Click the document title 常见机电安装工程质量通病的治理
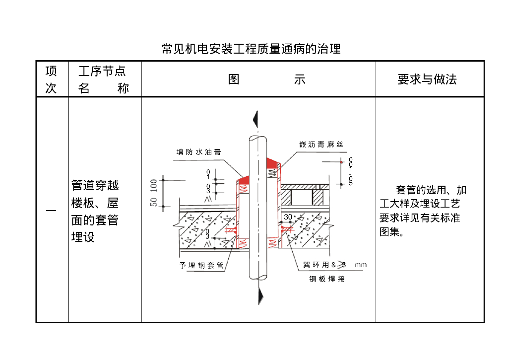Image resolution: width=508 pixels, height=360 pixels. coord(251,49)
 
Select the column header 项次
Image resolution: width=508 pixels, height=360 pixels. coord(51,79)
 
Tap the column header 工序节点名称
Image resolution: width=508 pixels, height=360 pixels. coord(104,79)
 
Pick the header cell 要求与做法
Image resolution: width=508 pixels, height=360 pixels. coord(427,79)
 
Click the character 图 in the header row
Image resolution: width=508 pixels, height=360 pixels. coord(234,79)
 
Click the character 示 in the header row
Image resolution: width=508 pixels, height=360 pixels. coord(299,79)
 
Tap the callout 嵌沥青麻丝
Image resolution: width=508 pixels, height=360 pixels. coord(321,145)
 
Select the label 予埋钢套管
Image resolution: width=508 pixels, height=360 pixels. coord(201,266)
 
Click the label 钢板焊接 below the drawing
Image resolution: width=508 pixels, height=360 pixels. coord(327,279)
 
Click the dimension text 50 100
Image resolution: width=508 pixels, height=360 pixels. coord(154,193)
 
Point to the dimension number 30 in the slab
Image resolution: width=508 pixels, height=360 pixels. coord(288,217)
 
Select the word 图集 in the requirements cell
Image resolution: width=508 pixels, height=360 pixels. coord(391,231)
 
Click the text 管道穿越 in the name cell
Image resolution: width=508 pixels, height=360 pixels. coord(95,186)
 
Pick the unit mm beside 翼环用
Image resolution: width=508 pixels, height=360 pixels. coord(361,265)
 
